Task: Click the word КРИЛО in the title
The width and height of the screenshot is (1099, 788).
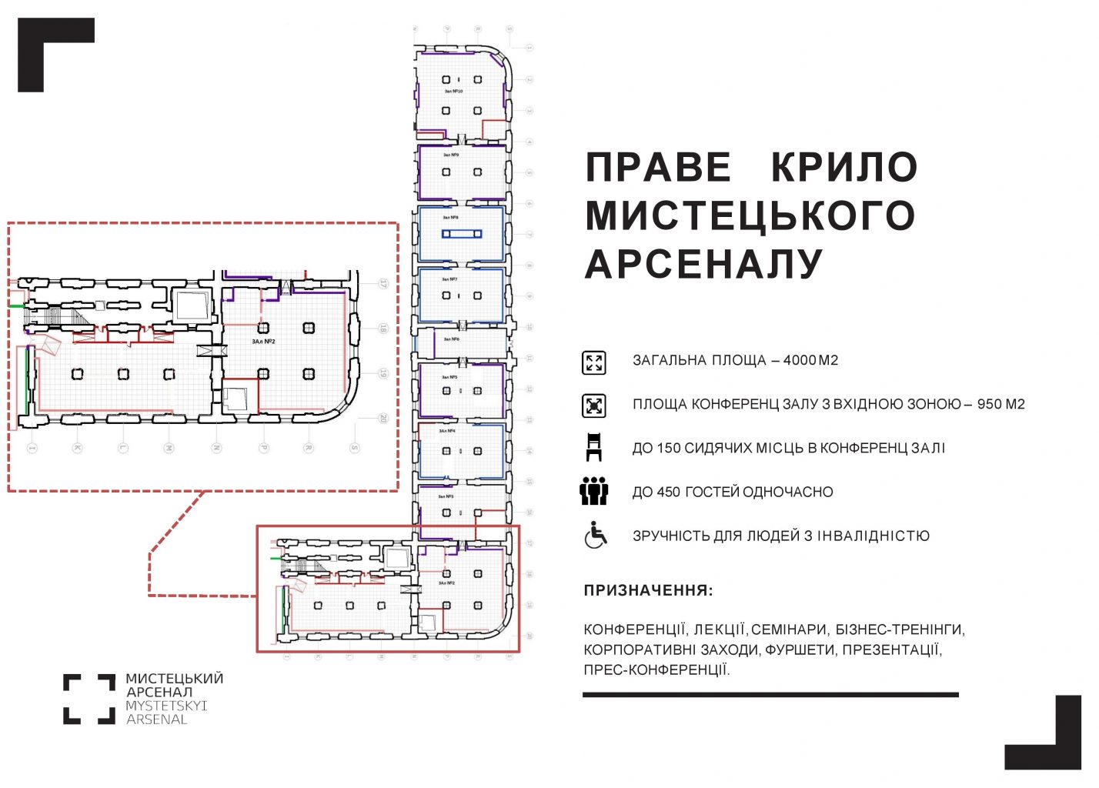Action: (844, 167)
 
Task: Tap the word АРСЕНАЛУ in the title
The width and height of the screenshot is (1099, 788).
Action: (704, 264)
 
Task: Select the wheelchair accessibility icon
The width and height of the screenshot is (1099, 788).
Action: (595, 536)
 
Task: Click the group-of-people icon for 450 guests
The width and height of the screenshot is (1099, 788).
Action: (594, 492)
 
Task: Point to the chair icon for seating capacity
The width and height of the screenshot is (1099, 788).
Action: (593, 448)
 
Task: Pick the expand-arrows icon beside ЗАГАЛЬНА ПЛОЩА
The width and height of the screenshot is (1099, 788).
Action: (594, 362)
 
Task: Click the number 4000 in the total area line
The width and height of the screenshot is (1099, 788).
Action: (800, 360)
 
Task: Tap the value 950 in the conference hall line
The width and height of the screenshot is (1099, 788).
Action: (990, 404)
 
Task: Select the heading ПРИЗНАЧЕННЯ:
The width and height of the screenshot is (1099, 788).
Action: (648, 591)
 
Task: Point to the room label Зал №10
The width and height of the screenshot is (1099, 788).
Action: (453, 92)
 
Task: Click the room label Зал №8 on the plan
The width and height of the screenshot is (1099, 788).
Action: (450, 218)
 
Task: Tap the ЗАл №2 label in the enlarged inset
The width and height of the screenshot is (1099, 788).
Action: (263, 341)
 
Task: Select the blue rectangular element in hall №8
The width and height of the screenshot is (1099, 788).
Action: (462, 234)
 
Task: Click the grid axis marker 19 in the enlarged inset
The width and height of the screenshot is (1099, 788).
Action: (383, 374)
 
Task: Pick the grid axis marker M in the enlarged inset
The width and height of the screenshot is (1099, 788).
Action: (169, 448)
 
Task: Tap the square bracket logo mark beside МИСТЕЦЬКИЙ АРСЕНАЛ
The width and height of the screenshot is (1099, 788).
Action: (89, 699)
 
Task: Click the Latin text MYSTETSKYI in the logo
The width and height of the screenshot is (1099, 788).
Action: (166, 706)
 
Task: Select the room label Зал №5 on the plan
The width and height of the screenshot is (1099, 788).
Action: (449, 377)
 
